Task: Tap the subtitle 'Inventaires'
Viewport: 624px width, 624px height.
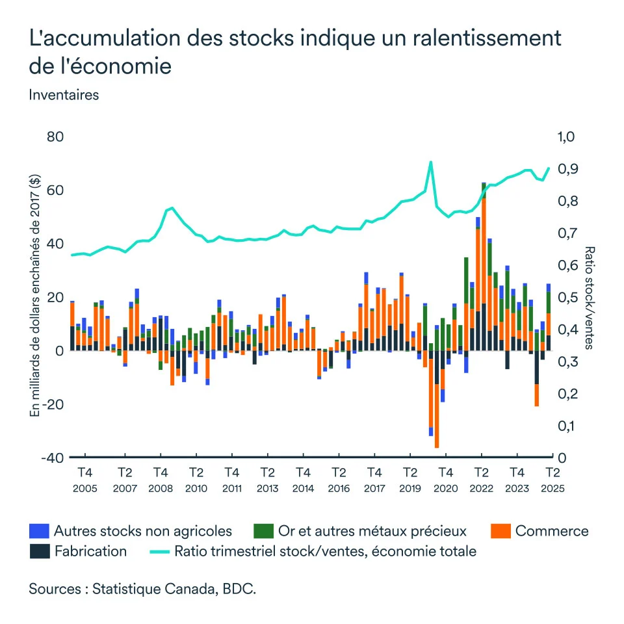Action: click(64, 94)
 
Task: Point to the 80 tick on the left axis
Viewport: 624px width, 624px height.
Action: click(55, 137)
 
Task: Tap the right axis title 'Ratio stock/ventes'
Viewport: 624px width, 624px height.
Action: click(589, 297)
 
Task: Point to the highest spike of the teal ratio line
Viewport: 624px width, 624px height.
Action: click(430, 162)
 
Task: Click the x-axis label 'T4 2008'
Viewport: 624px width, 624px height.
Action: click(161, 479)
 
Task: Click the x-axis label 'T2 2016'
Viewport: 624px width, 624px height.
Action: click(338, 479)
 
